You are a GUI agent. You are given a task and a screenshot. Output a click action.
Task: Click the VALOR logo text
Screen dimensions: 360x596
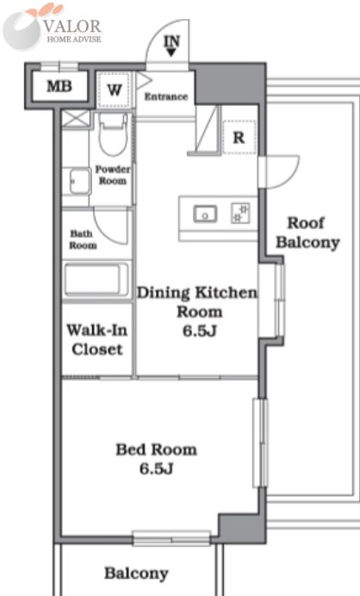tap(72, 27)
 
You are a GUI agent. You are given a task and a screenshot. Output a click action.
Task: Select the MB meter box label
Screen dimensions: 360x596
tap(59, 86)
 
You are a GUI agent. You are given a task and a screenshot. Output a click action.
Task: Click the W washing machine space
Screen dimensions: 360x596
tap(115, 90)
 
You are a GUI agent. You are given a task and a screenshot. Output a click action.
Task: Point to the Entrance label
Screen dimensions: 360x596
tap(166, 96)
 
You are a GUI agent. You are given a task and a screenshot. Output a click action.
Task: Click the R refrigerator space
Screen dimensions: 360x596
tap(239, 137)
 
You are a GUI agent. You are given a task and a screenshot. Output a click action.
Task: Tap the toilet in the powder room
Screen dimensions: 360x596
tap(113, 135)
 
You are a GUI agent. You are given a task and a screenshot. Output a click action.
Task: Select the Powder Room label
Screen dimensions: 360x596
tap(113, 175)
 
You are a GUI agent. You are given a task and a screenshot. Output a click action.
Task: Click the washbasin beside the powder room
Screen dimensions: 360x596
tap(80, 182)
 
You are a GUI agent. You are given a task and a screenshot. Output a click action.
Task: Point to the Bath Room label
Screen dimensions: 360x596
tap(83, 239)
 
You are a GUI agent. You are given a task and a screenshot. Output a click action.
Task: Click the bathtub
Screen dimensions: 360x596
tap(96, 280)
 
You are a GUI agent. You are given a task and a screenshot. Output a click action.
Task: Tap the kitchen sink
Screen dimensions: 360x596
tap(205, 214)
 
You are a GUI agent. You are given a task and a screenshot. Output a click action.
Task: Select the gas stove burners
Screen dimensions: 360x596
tap(240, 214)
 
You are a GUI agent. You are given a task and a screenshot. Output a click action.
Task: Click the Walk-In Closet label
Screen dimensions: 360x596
tap(97, 339)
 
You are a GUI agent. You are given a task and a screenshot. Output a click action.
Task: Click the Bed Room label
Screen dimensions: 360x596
tap(156, 450)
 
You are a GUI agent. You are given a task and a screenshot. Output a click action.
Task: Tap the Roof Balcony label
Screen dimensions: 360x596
tap(307, 233)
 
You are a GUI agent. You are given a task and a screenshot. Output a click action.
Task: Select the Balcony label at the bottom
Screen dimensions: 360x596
tap(136, 574)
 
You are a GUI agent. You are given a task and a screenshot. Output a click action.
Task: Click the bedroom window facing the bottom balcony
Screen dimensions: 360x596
tap(171, 538)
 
